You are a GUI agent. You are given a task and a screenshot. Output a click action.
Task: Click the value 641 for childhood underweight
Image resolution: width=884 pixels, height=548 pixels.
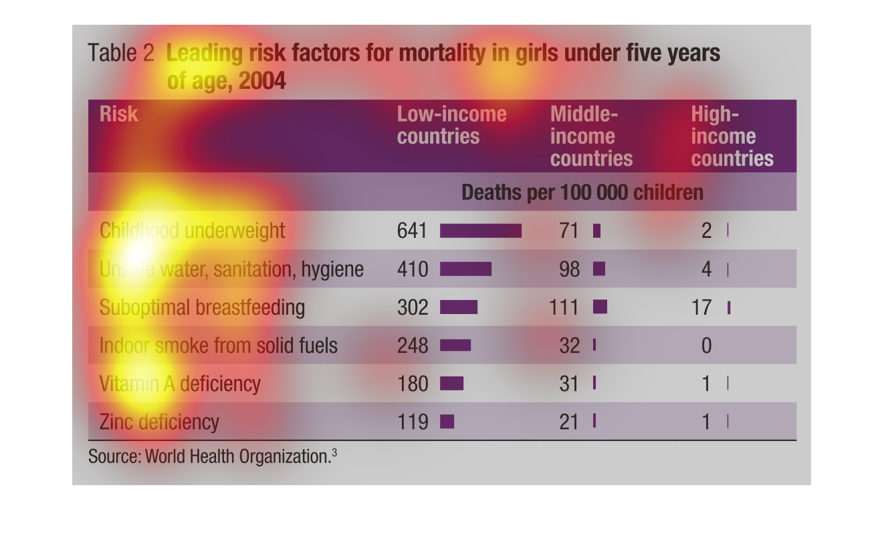tap(411, 231)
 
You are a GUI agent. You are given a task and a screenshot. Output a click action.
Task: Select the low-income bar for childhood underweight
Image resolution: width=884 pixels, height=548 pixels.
tap(480, 231)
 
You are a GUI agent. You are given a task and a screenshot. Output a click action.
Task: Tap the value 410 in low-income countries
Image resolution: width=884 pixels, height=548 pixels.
tap(411, 269)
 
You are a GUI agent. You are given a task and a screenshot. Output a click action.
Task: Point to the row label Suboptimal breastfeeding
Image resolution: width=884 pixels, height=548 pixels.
tap(202, 307)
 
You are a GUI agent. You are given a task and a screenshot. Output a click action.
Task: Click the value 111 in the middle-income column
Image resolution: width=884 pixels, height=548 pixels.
tap(564, 307)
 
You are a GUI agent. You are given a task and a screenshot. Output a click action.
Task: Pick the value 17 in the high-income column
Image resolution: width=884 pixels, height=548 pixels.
tap(701, 307)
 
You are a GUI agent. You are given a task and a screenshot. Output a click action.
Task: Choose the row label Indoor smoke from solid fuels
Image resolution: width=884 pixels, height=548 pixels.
tap(218, 346)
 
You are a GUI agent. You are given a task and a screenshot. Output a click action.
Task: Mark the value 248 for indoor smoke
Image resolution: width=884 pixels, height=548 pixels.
tap(411, 346)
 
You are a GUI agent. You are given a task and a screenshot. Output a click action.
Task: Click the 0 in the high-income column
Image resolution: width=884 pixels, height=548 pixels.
tap(706, 346)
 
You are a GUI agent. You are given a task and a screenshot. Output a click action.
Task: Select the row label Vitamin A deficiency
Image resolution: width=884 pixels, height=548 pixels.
tap(179, 384)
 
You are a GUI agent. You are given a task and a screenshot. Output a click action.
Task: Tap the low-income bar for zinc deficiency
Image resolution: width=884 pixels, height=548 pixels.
tap(447, 422)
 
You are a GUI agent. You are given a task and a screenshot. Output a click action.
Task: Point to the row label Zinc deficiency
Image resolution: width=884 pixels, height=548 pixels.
tap(159, 422)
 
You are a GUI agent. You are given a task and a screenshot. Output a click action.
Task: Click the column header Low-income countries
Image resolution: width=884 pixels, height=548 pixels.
tap(451, 125)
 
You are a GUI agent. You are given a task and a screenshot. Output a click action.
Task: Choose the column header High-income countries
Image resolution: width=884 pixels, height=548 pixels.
tap(732, 136)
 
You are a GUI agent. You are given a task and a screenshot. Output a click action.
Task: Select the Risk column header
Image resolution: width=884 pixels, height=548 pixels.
tap(118, 114)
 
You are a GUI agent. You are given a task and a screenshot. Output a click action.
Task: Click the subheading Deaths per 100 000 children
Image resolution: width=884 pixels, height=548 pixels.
tap(582, 192)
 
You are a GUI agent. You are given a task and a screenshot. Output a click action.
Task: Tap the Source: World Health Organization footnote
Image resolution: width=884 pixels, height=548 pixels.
tap(212, 456)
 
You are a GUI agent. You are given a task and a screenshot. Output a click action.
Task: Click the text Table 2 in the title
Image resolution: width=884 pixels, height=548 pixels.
tap(121, 53)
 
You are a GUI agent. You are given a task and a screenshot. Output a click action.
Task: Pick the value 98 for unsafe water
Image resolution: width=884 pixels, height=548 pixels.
tap(568, 269)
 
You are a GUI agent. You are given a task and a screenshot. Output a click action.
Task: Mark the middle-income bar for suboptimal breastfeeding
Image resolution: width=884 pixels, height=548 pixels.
tap(600, 307)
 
